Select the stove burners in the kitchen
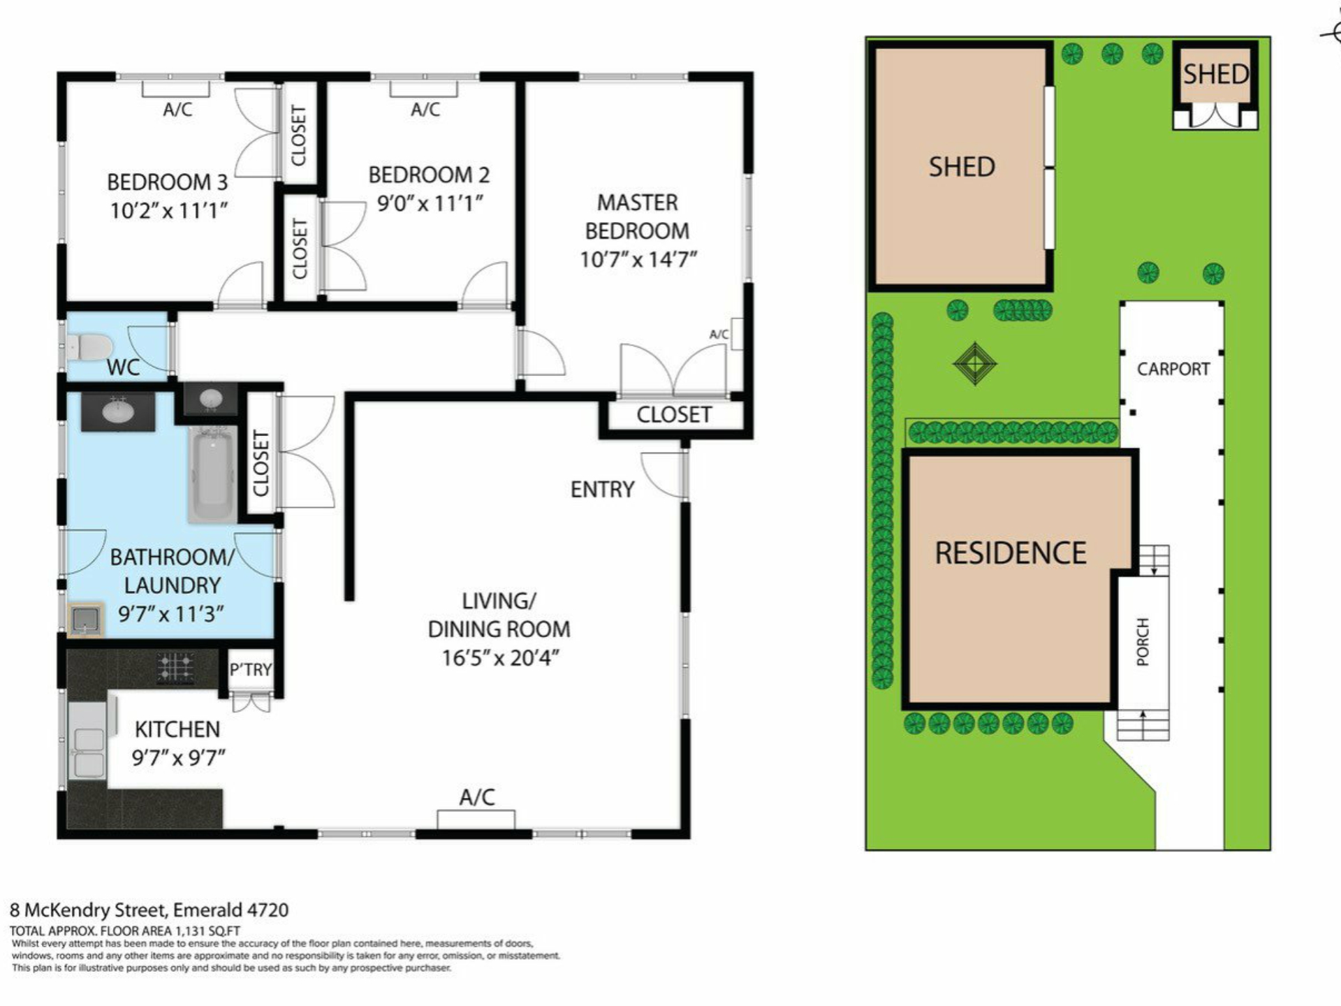175,667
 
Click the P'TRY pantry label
251,669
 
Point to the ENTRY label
602,490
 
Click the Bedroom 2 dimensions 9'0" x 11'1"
430,203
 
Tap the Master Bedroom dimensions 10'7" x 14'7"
638,259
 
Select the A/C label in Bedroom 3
177,109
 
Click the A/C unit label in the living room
477,796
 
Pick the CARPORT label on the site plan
1173,369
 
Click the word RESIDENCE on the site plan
1011,553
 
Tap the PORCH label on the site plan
1143,641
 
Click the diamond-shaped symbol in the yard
975,363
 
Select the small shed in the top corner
1215,85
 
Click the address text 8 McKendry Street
88,910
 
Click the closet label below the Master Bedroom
674,415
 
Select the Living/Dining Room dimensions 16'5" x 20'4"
500,658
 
